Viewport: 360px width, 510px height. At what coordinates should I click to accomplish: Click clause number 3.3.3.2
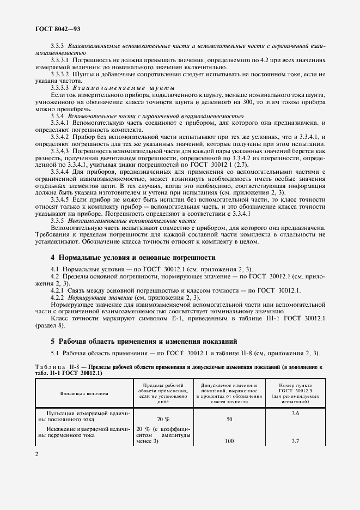tap(64, 73)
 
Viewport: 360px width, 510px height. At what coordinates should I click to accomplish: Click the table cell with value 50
tap(229, 419)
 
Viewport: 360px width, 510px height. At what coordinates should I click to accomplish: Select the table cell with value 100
tap(229, 442)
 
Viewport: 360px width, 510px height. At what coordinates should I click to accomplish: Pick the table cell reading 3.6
tap(295, 414)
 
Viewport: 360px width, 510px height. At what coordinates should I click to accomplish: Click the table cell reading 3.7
tap(295, 442)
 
